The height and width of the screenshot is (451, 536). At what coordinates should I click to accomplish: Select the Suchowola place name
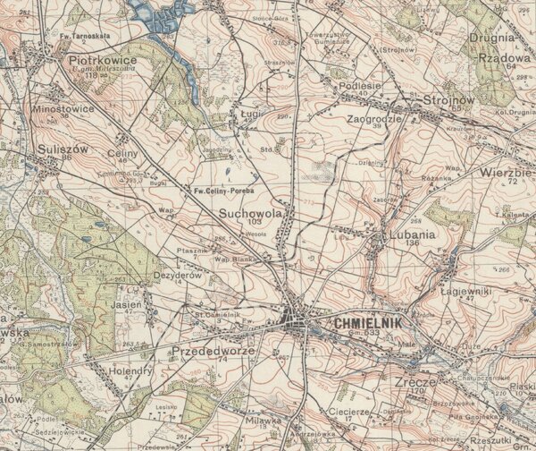click(x=251, y=215)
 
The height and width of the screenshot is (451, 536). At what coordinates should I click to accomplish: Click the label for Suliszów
click(x=63, y=149)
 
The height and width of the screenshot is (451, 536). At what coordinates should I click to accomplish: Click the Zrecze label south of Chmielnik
click(x=413, y=380)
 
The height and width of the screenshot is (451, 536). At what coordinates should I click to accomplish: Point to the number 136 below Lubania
click(x=412, y=243)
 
